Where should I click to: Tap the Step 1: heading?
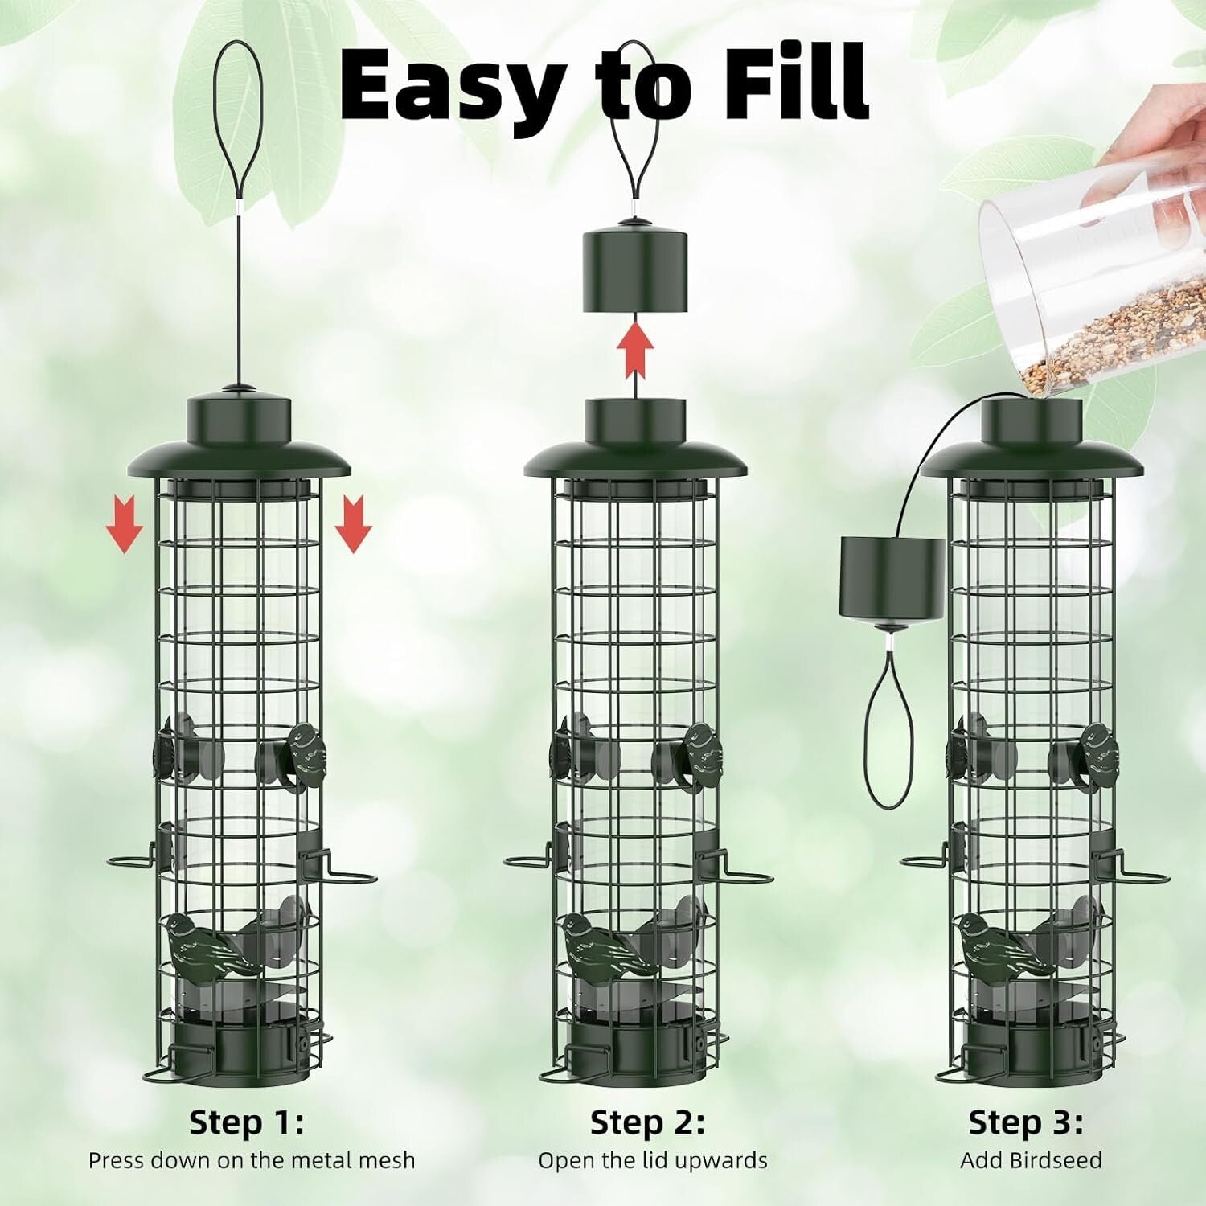click(x=247, y=1122)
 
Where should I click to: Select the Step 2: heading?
click(x=647, y=1122)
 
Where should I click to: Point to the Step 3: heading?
click(x=1025, y=1122)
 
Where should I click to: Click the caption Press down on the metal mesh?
click(x=252, y=1160)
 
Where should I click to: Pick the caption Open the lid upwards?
click(x=652, y=1160)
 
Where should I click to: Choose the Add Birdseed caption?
click(x=1031, y=1160)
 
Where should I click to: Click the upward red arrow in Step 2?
click(x=635, y=349)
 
